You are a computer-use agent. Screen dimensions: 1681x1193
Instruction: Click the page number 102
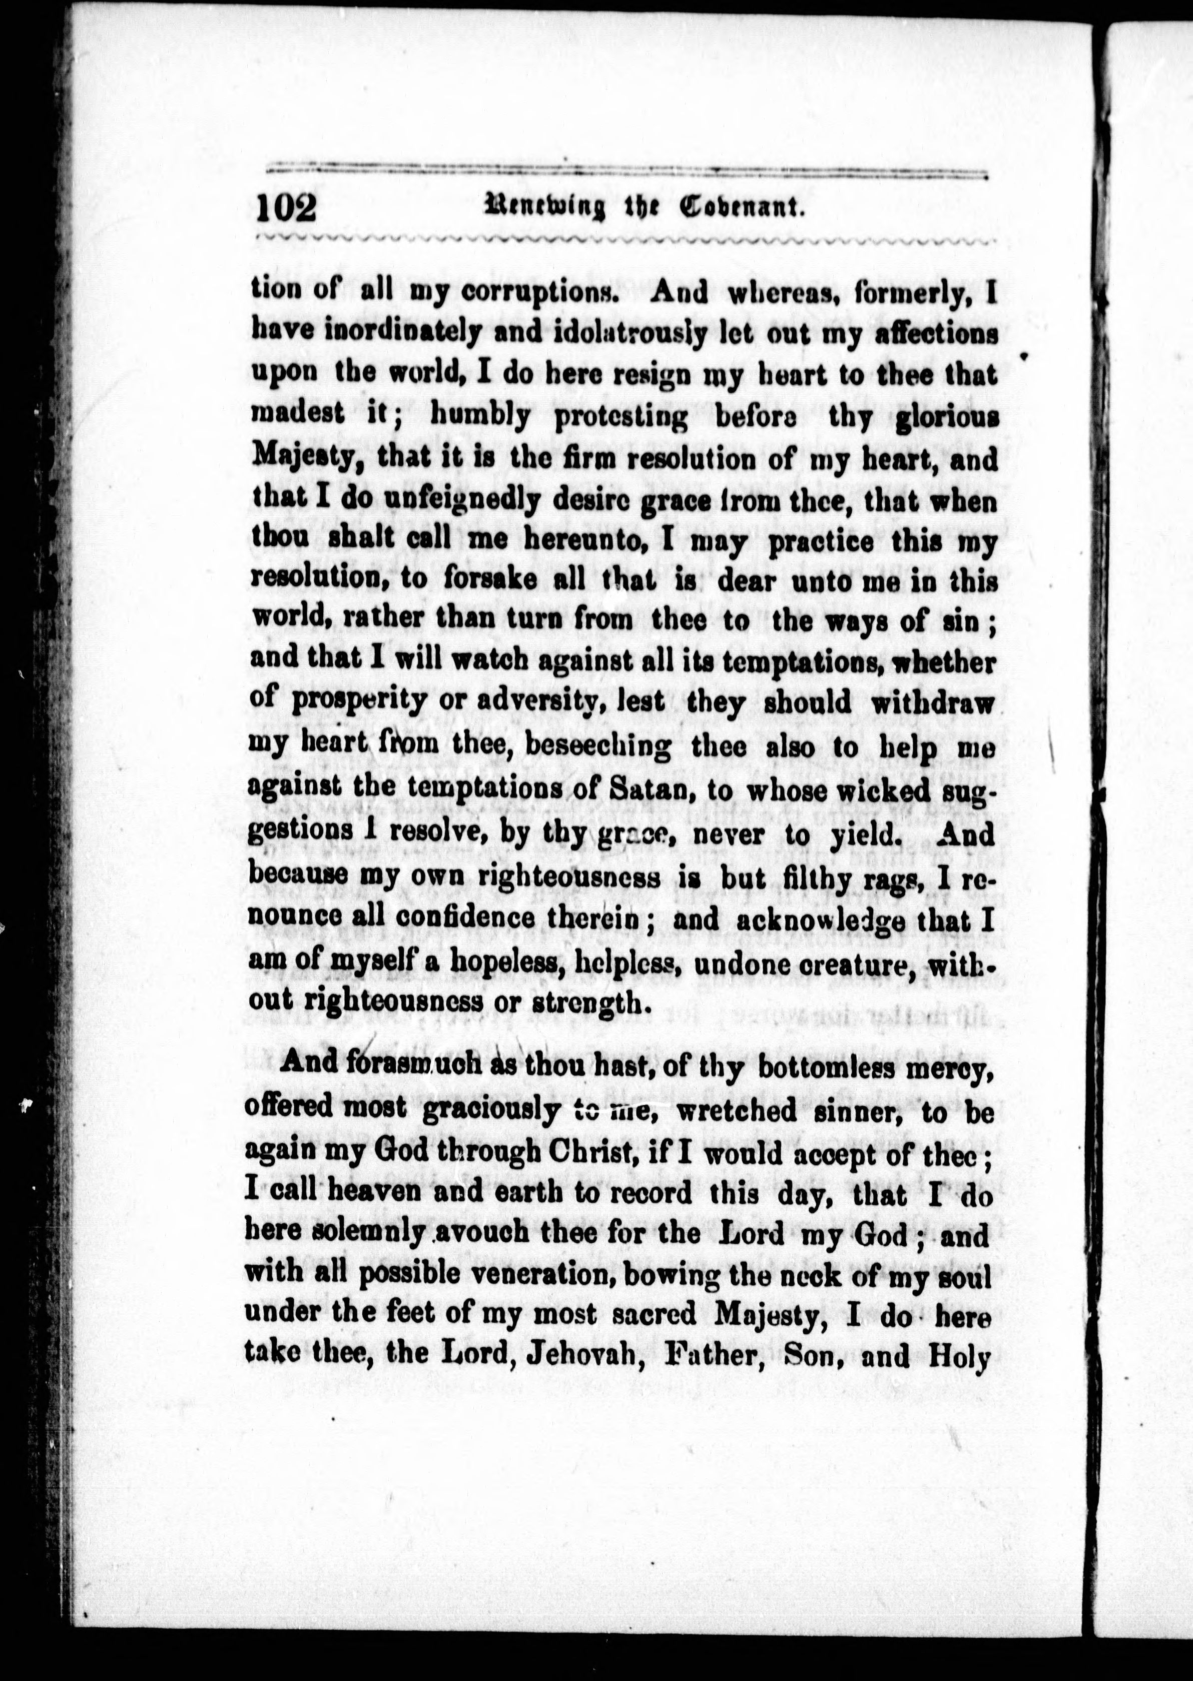tap(286, 208)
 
